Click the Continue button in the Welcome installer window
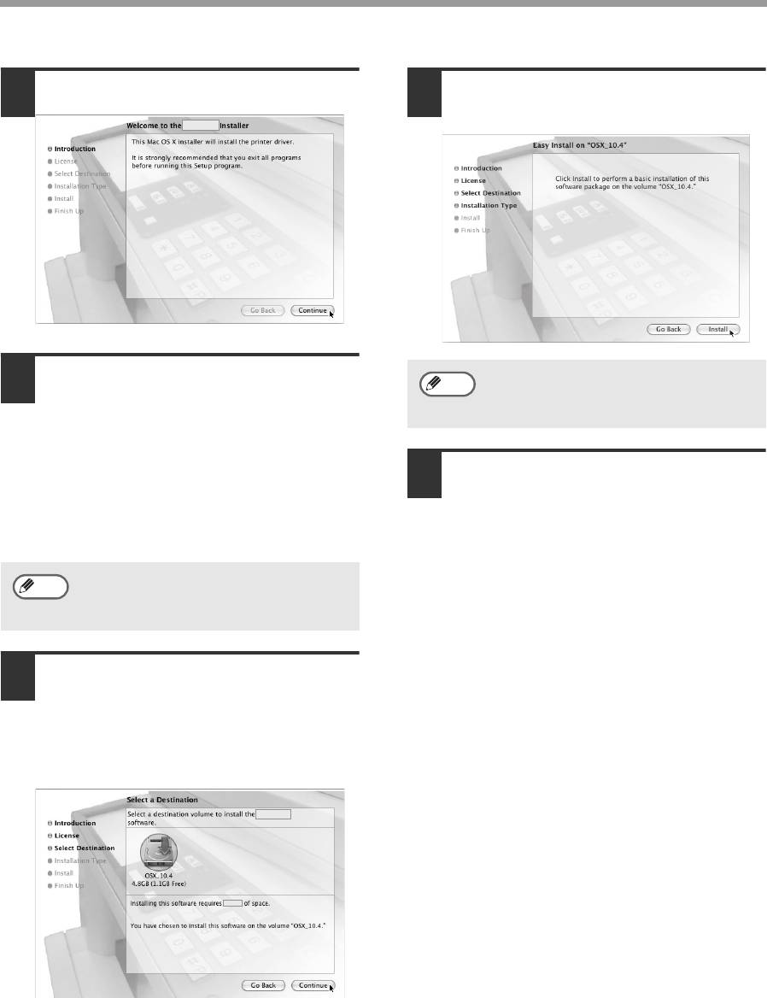coord(313,311)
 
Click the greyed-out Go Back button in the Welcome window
coord(263,311)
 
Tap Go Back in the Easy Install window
coord(669,329)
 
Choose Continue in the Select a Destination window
coord(313,985)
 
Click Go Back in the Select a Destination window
coord(263,985)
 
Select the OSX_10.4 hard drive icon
coord(158,852)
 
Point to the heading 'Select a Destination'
coord(162,800)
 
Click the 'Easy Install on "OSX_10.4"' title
coord(579,145)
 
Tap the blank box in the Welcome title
coord(201,126)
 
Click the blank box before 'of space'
coord(233,903)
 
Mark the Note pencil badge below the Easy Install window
coord(448,385)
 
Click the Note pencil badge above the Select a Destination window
coord(41,587)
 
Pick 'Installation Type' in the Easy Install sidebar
coord(489,206)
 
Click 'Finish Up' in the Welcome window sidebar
coord(68,211)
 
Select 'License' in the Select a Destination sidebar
coord(66,836)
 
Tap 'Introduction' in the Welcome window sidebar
coord(74,149)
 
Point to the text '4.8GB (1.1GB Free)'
coord(158,884)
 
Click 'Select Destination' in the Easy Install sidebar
coord(490,193)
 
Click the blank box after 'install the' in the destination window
coord(273,814)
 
